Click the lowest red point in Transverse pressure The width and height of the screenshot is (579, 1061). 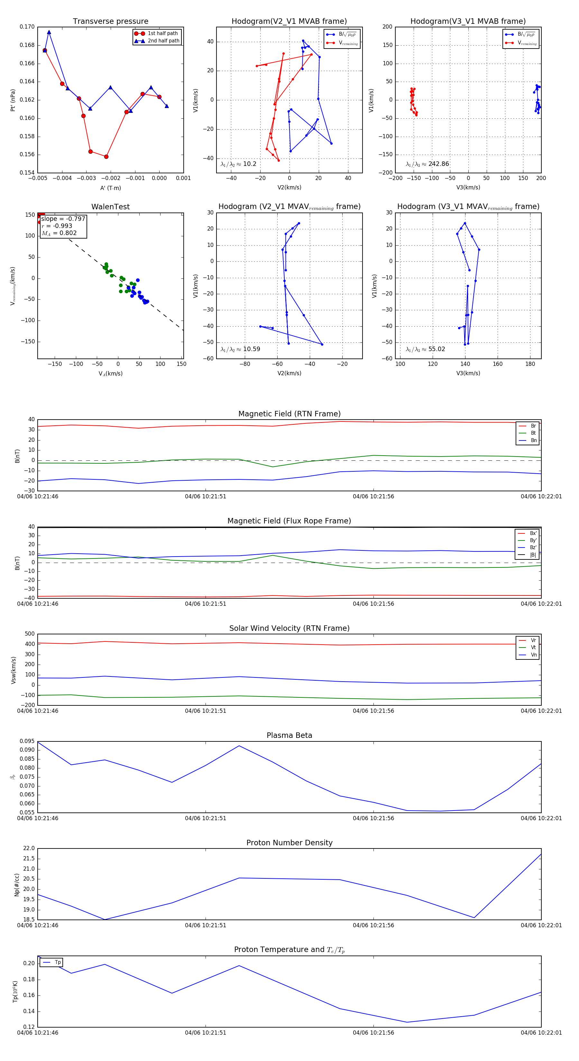pyautogui.click(x=106, y=157)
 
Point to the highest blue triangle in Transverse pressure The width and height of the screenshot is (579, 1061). pyautogui.click(x=49, y=32)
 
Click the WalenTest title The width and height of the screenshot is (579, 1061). pyautogui.click(x=110, y=207)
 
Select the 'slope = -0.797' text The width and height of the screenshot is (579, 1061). pyautogui.click(x=63, y=219)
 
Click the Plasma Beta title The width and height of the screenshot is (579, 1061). pyautogui.click(x=289, y=736)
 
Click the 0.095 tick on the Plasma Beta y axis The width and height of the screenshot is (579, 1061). pyautogui.click(x=27, y=741)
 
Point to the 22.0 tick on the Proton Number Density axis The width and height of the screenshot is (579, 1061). pyautogui.click(x=29, y=848)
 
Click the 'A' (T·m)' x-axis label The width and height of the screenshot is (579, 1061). pyautogui.click(x=110, y=188)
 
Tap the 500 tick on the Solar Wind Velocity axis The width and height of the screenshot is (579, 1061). pyautogui.click(x=30, y=634)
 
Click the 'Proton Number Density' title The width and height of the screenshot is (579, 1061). pyautogui.click(x=289, y=843)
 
